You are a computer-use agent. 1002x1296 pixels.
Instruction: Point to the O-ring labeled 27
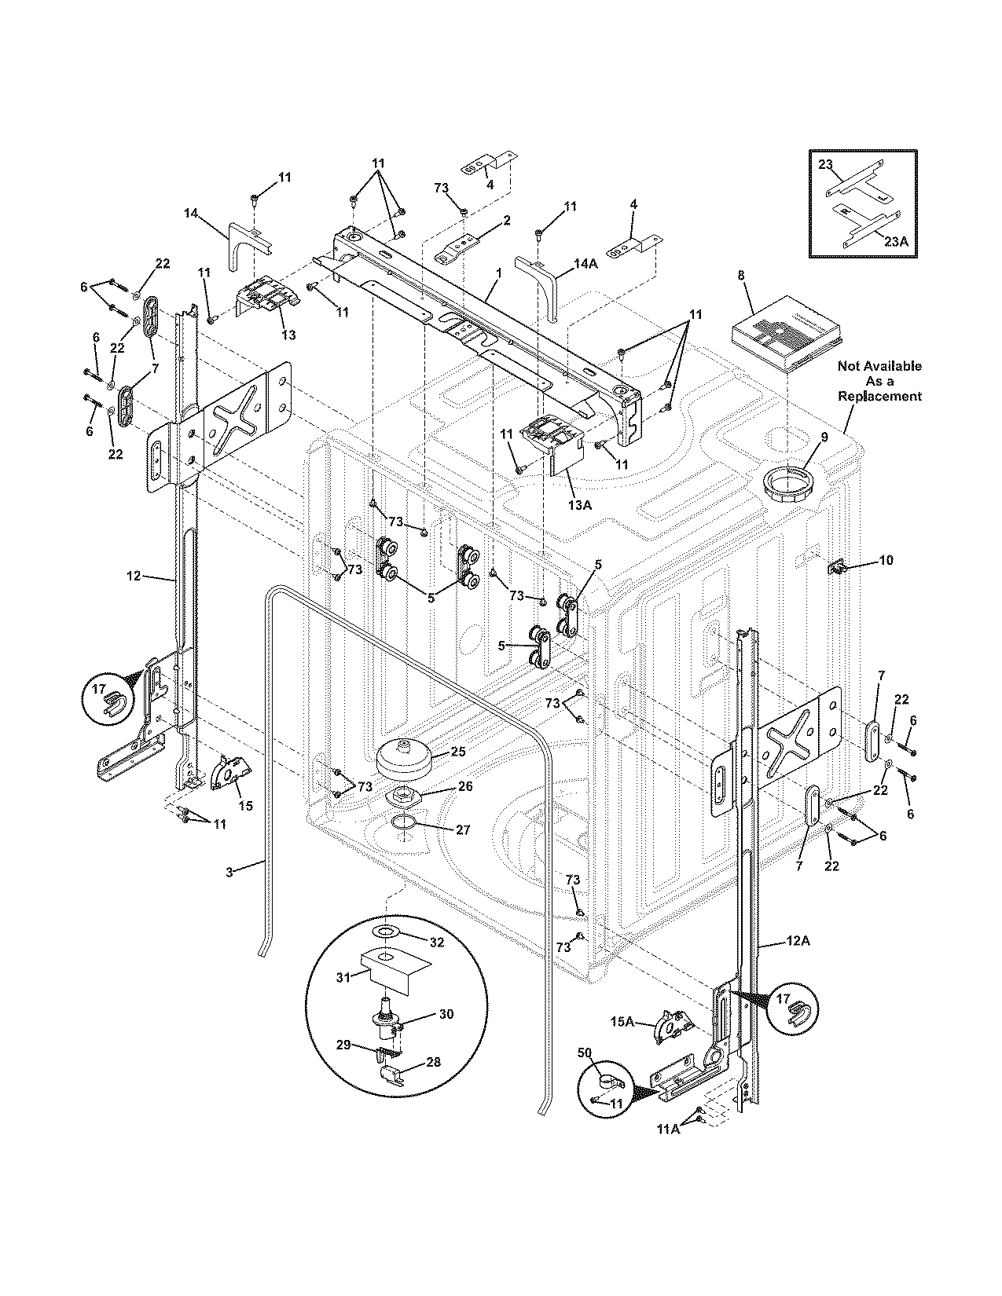click(x=404, y=823)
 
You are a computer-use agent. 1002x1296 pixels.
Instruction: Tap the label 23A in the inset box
click(x=895, y=243)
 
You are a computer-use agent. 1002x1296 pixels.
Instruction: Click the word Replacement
click(x=879, y=397)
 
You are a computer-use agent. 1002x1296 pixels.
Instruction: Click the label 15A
click(x=623, y=1021)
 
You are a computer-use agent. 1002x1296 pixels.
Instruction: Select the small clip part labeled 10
click(x=838, y=566)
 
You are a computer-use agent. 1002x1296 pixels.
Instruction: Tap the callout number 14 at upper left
click(x=191, y=213)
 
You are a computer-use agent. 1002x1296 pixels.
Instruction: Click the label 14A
click(x=585, y=265)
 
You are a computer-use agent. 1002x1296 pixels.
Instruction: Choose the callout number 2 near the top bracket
click(x=507, y=221)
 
